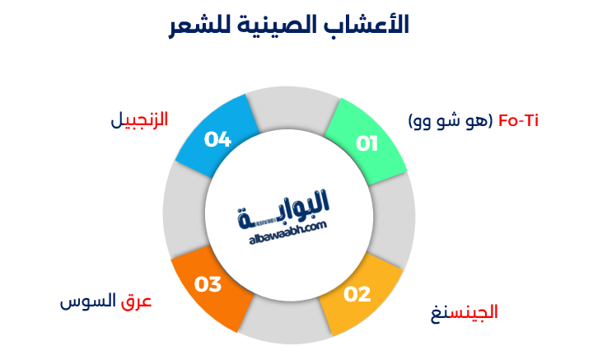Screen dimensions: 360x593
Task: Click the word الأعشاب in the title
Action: tap(370, 26)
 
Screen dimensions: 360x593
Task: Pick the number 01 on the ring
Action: tap(367, 144)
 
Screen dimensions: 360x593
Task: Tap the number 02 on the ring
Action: tap(357, 294)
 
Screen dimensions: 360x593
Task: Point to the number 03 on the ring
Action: tap(208, 285)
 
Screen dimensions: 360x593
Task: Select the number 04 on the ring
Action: tap(217, 139)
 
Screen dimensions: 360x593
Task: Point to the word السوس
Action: tap(88, 302)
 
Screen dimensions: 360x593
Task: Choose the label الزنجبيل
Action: tap(139, 120)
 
